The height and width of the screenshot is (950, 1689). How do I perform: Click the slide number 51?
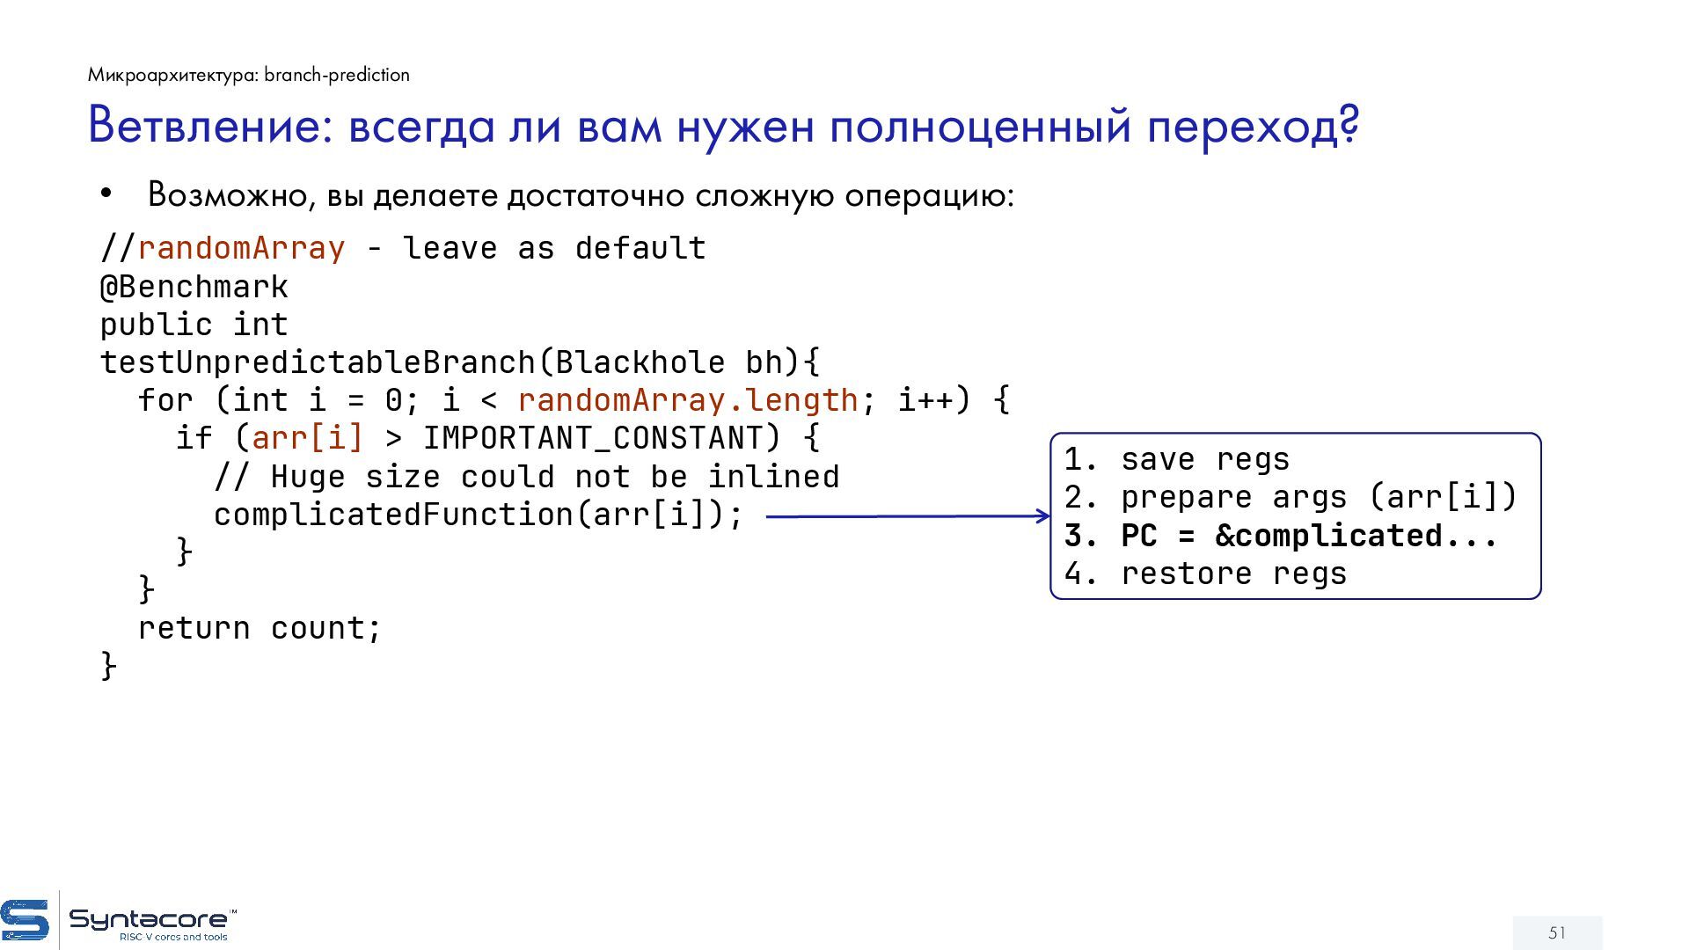tap(1557, 932)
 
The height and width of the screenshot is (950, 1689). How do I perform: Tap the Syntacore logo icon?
tap(26, 920)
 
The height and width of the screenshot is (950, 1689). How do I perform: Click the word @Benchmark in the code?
tap(194, 287)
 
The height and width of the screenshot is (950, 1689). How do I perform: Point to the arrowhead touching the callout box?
tap(1042, 515)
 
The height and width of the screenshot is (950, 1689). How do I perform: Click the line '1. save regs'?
tap(1177, 459)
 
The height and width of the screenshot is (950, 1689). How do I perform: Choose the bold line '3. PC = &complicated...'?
tap(1280, 536)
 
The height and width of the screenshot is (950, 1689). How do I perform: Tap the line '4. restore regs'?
tap(1205, 574)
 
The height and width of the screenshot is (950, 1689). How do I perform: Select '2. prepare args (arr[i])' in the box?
tap(1291, 497)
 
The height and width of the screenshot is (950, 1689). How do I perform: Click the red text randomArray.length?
tap(687, 400)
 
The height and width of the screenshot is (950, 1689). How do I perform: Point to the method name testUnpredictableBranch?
tap(318, 362)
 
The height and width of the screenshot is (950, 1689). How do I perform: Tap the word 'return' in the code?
tap(194, 628)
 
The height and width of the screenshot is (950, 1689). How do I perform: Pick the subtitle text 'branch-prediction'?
tap(337, 75)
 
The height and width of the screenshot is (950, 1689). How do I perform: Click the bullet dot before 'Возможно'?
tap(106, 194)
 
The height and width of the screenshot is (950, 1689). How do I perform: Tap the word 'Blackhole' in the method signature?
tap(640, 362)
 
